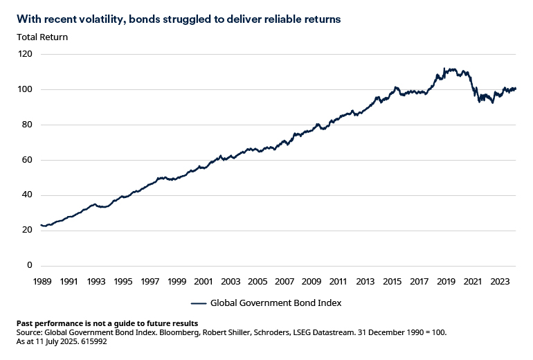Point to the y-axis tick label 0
tap(30, 265)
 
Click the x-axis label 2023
tap(500, 282)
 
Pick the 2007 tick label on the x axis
tap(284, 282)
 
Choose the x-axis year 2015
tap(392, 282)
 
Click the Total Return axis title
tap(42, 37)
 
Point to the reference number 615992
tap(93, 341)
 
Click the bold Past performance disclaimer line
tap(107, 323)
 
